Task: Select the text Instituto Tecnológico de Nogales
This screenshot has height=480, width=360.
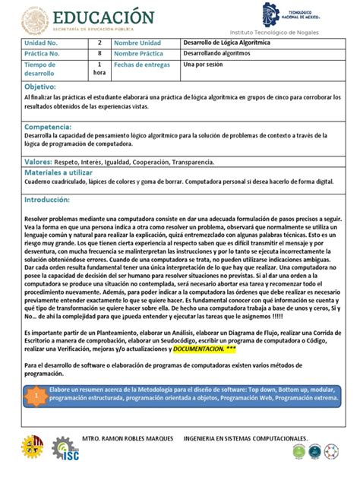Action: (274, 33)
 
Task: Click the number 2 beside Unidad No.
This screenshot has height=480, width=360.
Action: (99, 43)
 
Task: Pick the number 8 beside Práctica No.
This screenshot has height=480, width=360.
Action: (99, 54)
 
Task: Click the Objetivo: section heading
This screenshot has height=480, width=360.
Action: (40, 88)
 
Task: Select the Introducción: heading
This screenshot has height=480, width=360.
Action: (47, 200)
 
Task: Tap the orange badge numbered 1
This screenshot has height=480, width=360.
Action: (33, 396)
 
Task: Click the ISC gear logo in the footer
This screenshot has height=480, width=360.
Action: (66, 451)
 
